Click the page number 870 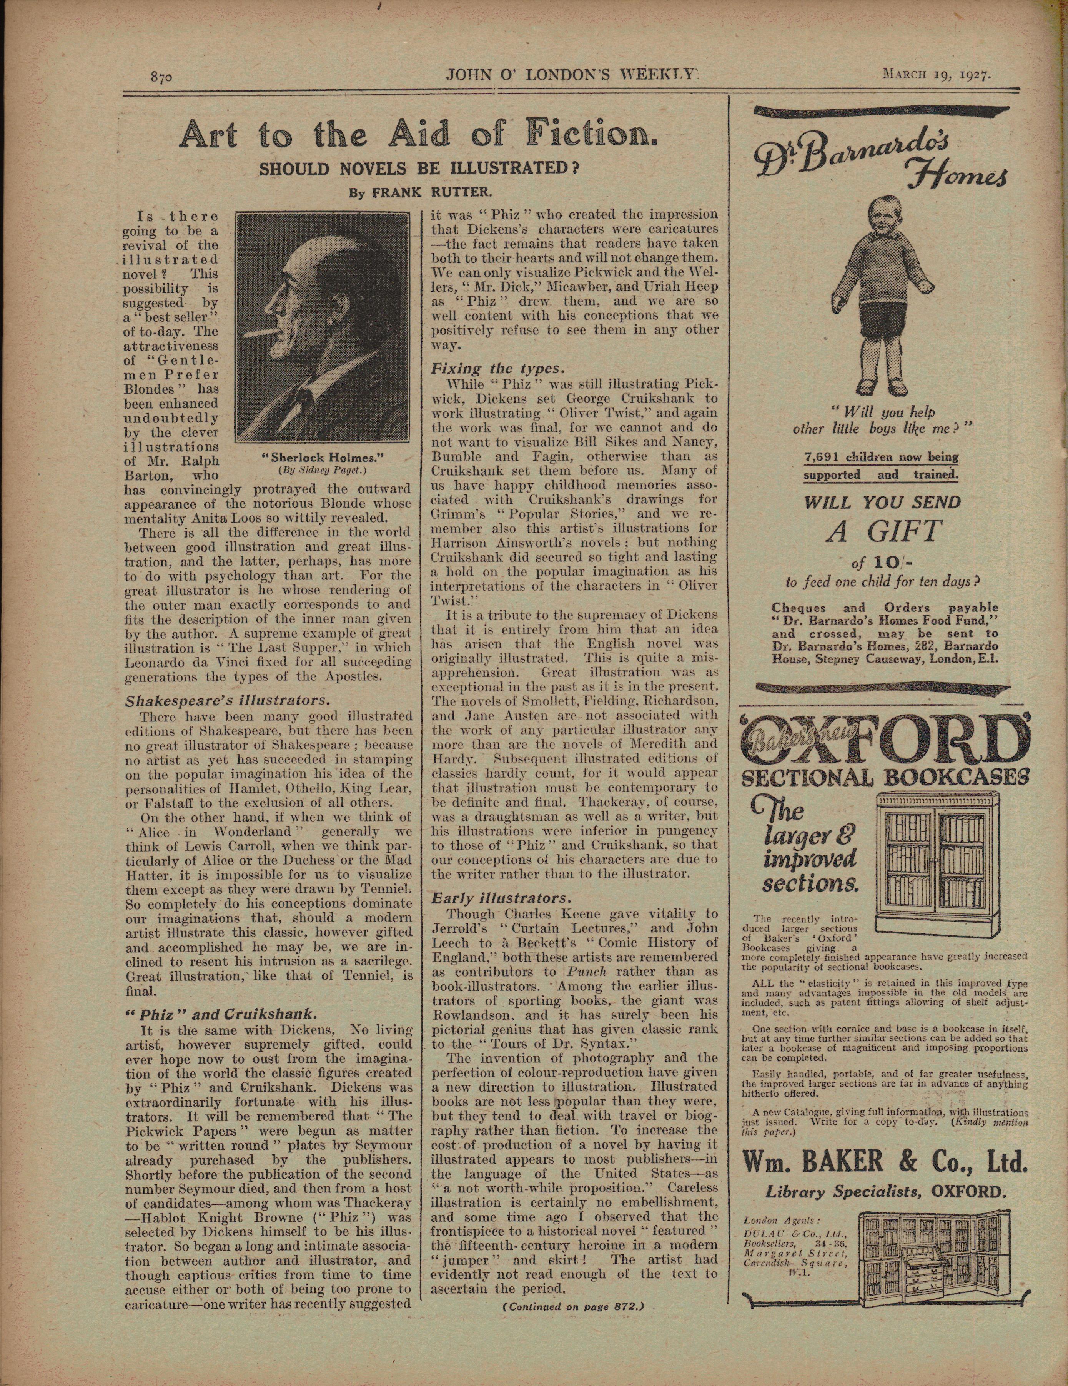[x=161, y=77]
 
